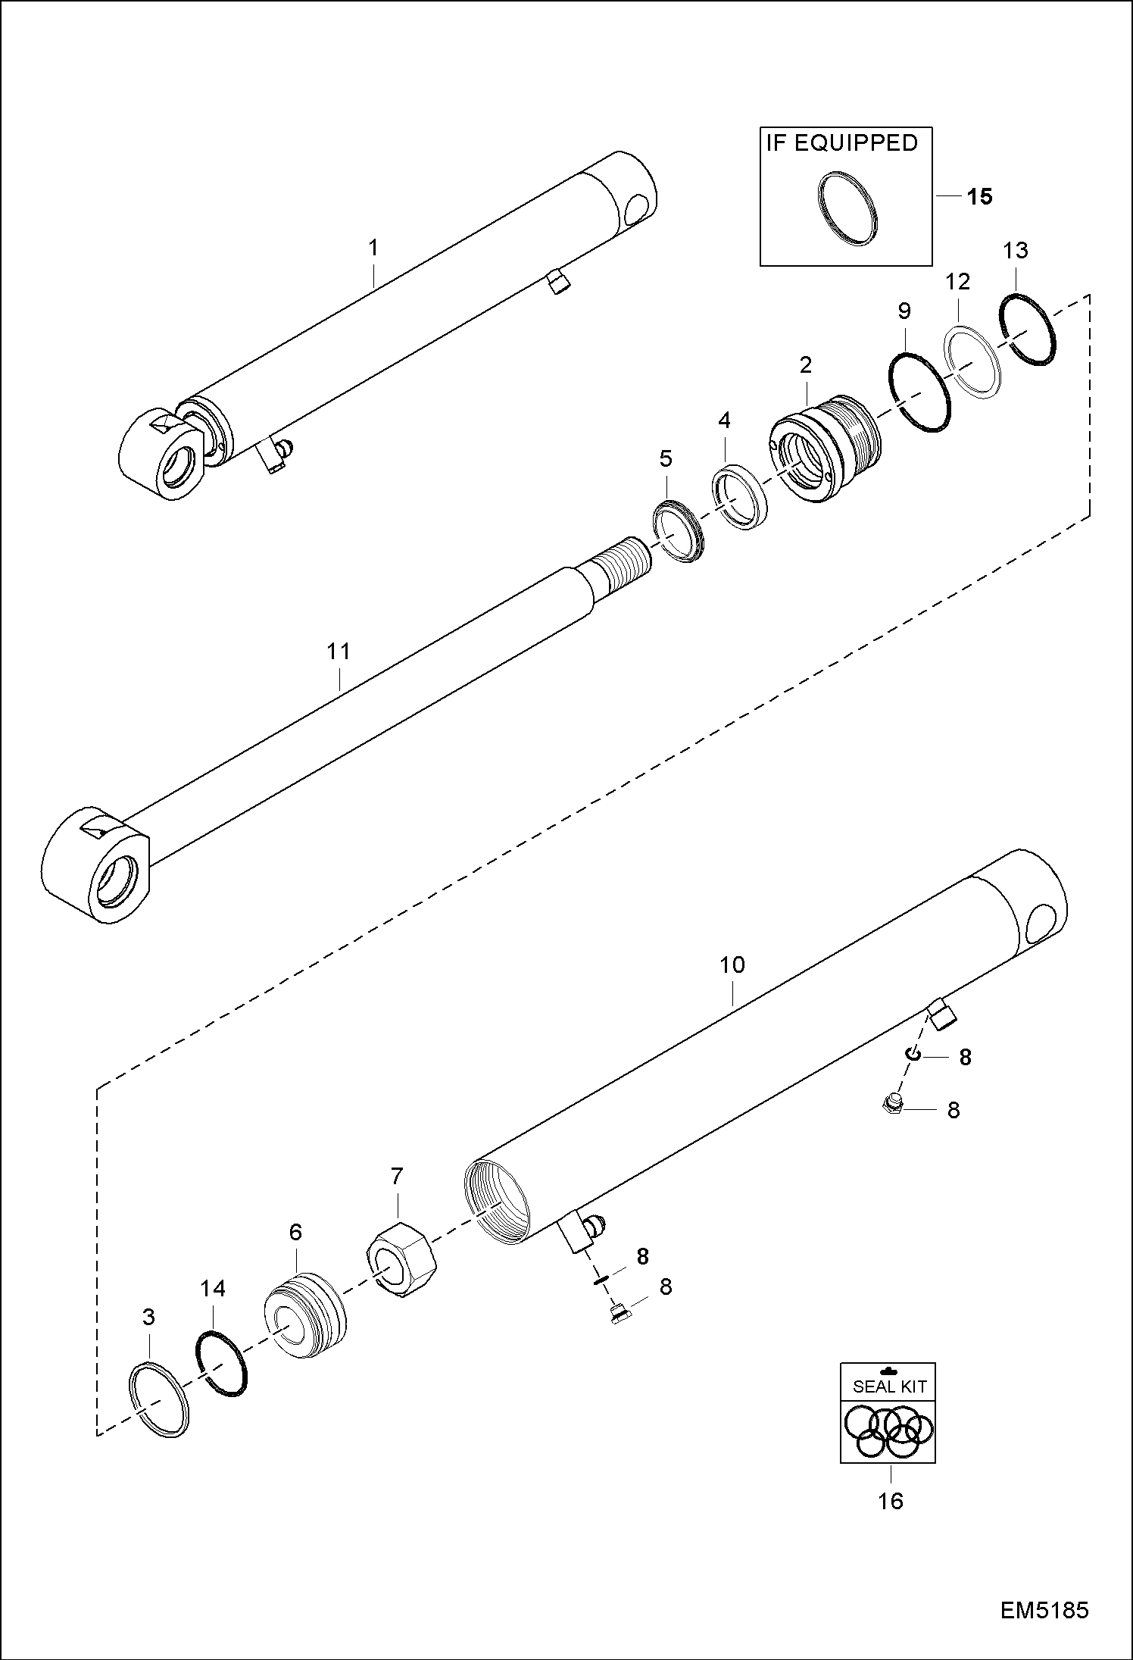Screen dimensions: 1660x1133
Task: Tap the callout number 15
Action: pos(979,196)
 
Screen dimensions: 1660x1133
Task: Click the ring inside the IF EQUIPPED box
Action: pos(848,208)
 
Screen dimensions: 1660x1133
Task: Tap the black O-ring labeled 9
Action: pos(919,391)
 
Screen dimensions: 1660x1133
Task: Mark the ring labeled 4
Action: pos(741,499)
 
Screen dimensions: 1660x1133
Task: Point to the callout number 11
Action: pos(339,651)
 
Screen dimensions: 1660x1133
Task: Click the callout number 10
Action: pos(732,964)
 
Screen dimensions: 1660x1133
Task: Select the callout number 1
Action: pos(373,247)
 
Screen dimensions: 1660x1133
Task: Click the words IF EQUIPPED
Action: pos(841,142)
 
